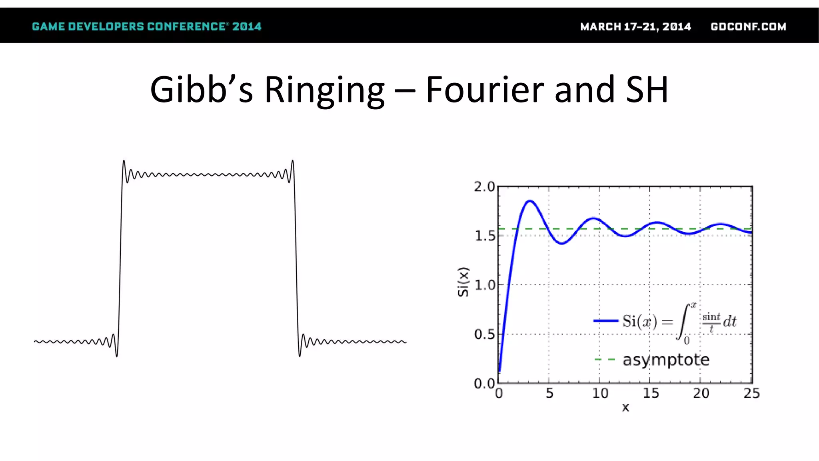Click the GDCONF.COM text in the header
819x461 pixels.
748,27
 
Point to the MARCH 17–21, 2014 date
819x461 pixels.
635,27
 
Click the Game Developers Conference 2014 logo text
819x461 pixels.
146,27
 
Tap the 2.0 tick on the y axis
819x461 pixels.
484,187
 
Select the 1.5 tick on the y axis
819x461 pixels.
484,236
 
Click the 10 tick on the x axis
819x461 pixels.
600,393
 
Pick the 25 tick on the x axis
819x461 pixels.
751,393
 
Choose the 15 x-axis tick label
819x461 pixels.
651,393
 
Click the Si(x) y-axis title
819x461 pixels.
463,282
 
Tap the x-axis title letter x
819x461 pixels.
625,408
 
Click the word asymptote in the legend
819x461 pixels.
666,360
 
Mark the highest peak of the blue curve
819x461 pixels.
530,201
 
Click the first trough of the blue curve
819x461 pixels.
562,243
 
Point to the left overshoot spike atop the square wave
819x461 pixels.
124,161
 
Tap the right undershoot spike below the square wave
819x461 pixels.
300,355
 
